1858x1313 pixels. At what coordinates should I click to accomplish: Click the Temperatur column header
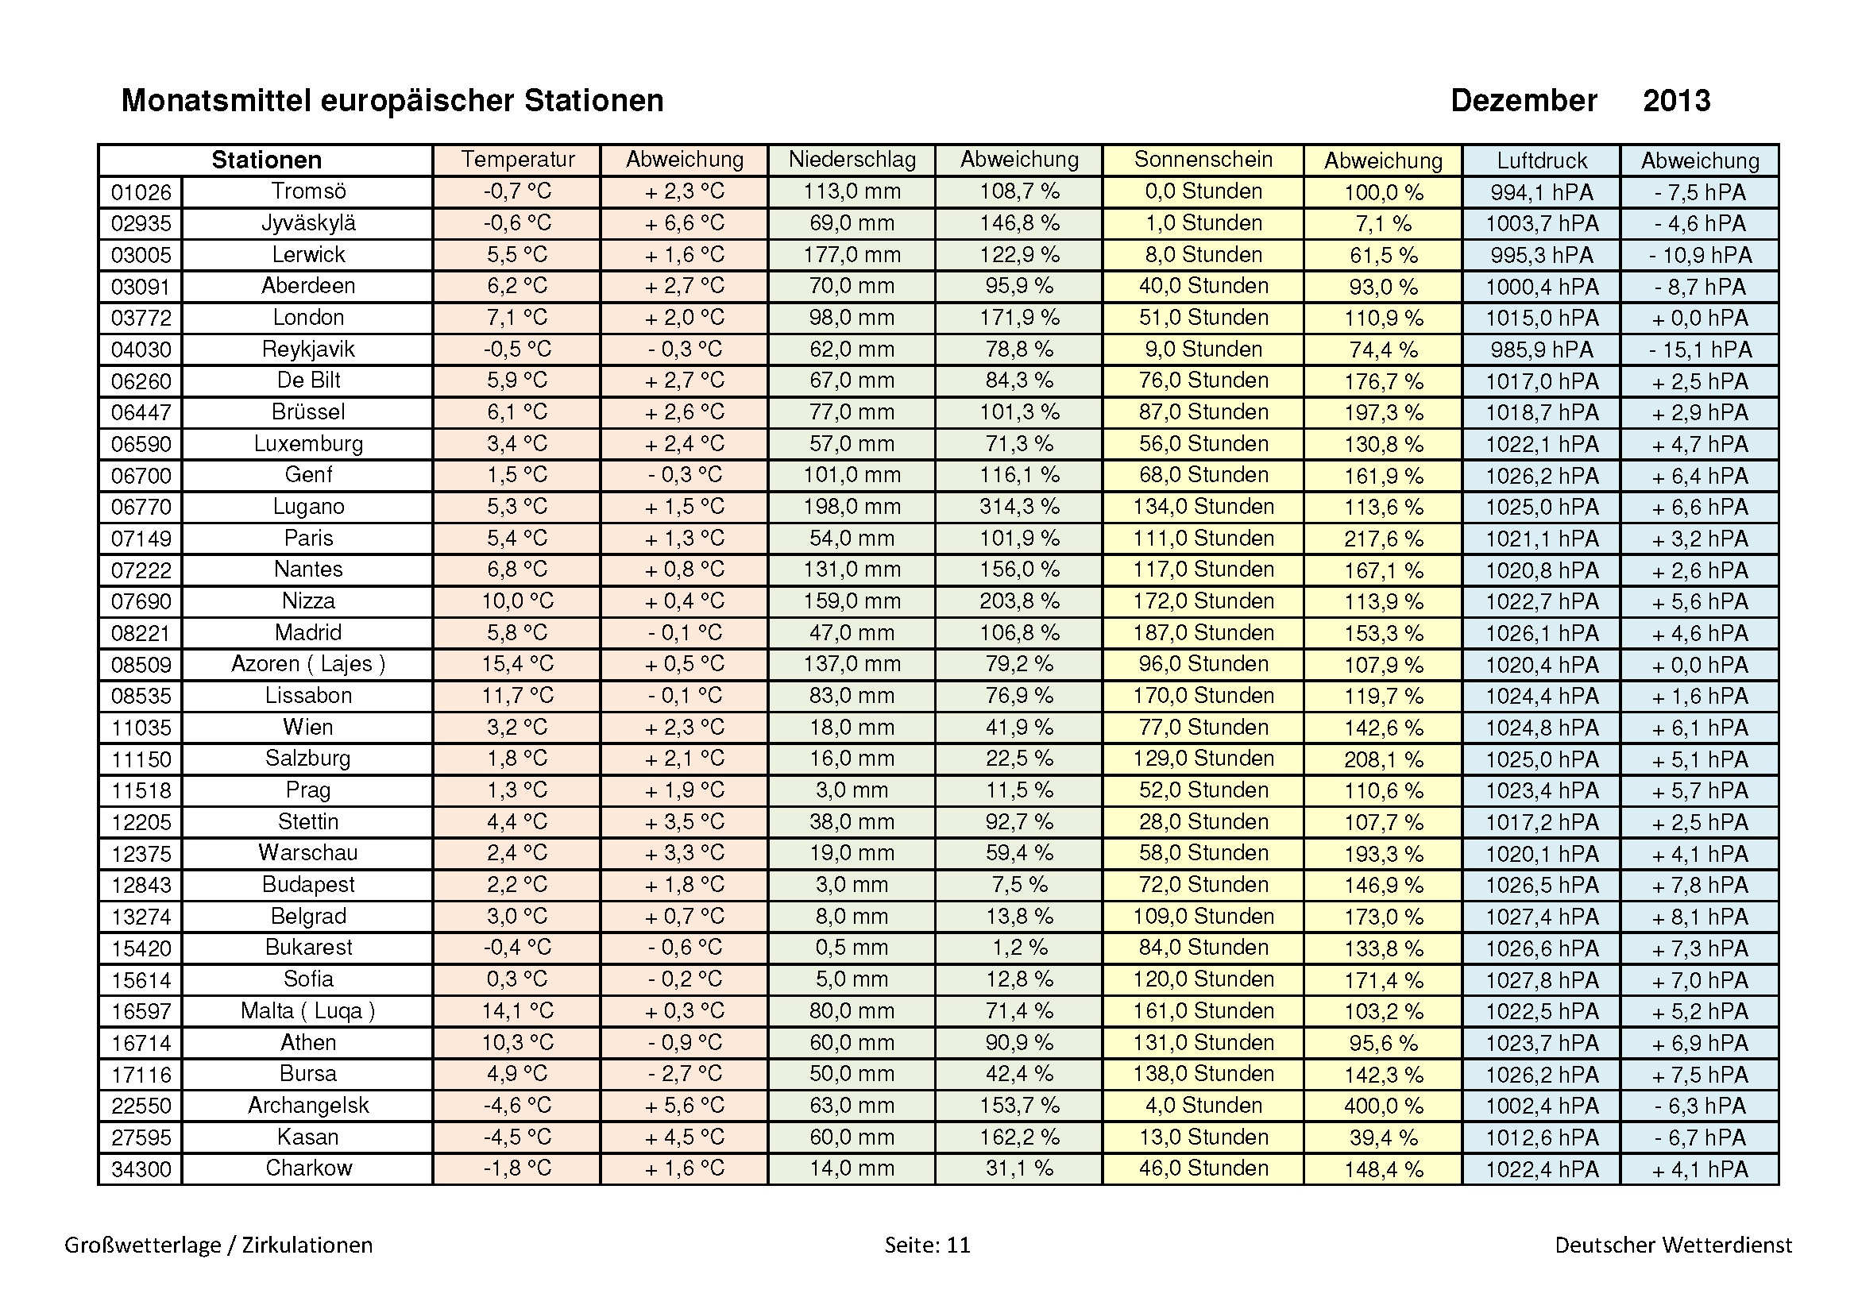coord(517,160)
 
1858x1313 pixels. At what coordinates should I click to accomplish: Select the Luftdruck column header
coord(1541,160)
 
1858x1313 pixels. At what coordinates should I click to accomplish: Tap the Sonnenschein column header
coord(1203,160)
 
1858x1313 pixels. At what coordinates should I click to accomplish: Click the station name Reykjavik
coord(308,349)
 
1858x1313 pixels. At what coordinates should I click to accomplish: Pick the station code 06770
coord(141,508)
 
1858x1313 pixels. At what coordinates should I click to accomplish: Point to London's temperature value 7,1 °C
coord(517,318)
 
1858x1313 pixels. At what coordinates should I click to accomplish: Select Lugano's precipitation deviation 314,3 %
coord(1019,508)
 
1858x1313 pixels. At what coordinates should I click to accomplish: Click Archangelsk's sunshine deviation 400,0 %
coord(1383,1106)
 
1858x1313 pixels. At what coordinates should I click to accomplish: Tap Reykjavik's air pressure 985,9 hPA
coord(1541,349)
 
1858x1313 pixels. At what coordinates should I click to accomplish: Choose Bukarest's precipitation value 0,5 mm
coord(852,948)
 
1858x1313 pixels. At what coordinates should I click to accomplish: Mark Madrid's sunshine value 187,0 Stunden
coord(1203,632)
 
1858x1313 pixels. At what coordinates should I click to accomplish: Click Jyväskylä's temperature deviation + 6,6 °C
coord(684,223)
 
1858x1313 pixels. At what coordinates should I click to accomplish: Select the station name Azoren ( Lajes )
coord(308,664)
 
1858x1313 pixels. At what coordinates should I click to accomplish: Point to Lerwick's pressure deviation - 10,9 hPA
coord(1699,256)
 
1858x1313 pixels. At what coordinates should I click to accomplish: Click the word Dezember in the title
coord(1523,101)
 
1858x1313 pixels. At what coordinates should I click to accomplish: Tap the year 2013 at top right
coord(1676,101)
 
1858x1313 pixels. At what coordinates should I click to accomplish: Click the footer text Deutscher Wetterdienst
coord(1673,1245)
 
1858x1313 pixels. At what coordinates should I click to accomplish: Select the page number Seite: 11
coord(926,1245)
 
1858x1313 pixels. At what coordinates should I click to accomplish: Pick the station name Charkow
coord(308,1168)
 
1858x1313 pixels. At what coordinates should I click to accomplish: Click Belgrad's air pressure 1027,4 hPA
coord(1541,917)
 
